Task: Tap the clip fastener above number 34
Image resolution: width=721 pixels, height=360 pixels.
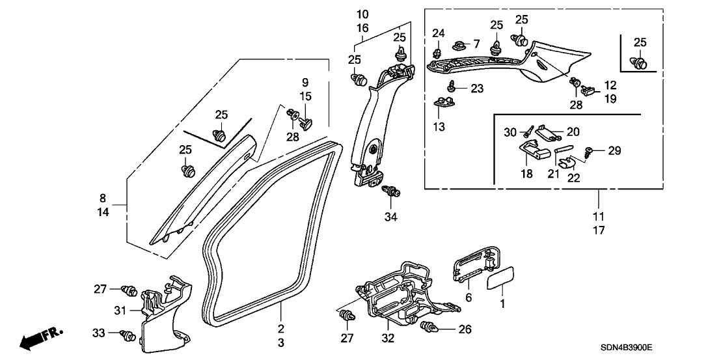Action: [x=392, y=192]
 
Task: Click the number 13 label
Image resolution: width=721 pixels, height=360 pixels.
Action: [x=439, y=127]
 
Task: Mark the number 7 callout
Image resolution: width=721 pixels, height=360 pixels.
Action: [x=476, y=44]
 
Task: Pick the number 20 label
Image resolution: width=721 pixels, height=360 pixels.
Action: [x=573, y=130]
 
